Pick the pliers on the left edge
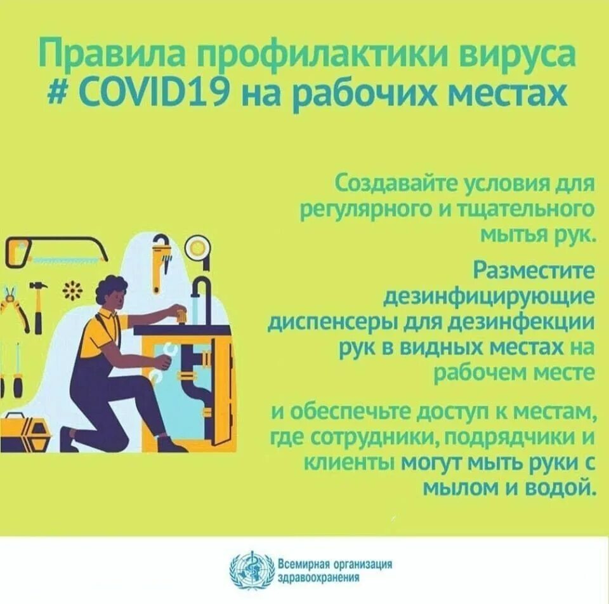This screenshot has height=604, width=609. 14,308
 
